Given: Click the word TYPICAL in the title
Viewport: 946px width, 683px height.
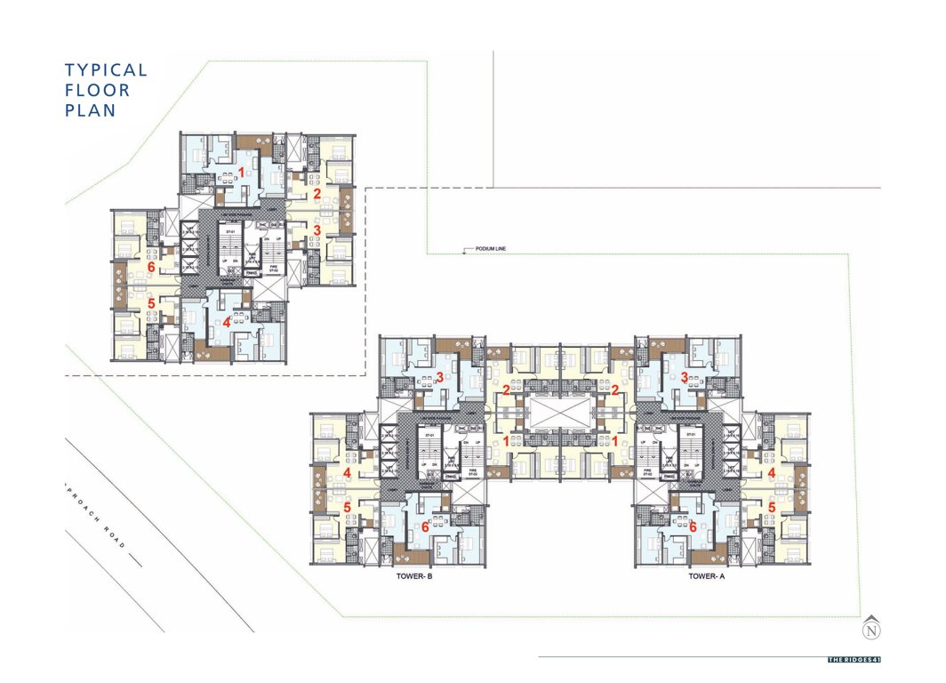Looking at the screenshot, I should pyautogui.click(x=106, y=70).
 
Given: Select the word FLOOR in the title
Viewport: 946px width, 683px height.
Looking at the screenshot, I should pyautogui.click(x=97, y=91).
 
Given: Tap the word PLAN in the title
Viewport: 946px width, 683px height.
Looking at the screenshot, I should pyautogui.click(x=90, y=111).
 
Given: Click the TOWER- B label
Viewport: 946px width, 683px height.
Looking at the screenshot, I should pyautogui.click(x=412, y=576).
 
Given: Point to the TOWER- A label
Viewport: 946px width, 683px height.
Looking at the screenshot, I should pyautogui.click(x=708, y=576).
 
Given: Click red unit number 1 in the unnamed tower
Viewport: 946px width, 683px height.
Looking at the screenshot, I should pyautogui.click(x=242, y=171).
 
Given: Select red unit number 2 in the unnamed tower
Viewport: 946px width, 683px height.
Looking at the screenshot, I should pyautogui.click(x=317, y=193).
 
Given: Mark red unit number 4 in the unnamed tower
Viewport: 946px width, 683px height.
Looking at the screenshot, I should pyautogui.click(x=228, y=322).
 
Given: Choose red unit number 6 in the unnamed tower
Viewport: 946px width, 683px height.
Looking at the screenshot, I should pyautogui.click(x=152, y=266).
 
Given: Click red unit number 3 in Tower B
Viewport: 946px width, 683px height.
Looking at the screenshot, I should pyautogui.click(x=439, y=378).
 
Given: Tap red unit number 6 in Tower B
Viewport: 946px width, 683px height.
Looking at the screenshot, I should pyautogui.click(x=425, y=526).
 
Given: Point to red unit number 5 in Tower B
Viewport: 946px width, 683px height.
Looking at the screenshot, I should pyautogui.click(x=347, y=507).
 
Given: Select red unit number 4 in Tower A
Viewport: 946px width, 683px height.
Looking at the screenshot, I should pyautogui.click(x=772, y=473).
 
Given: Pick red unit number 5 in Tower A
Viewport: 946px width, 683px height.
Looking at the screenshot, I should pyautogui.click(x=772, y=507).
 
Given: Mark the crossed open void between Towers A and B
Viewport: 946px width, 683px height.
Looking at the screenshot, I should pyautogui.click(x=560, y=414).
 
